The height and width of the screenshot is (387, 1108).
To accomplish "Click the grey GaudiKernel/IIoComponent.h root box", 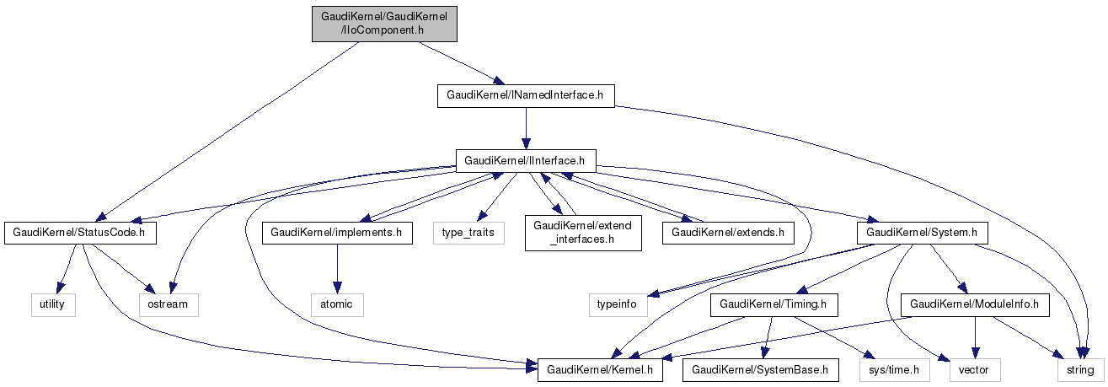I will (x=383, y=23).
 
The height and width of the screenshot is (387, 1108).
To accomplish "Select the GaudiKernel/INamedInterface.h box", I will (x=526, y=95).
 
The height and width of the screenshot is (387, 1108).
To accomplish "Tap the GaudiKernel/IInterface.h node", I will (x=526, y=159).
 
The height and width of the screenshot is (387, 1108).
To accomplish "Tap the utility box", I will (x=53, y=304).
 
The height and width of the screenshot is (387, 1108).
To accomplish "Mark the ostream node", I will (x=169, y=304).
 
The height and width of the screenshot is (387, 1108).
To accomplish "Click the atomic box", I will (x=337, y=304).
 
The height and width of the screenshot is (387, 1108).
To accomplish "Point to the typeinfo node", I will (x=618, y=304).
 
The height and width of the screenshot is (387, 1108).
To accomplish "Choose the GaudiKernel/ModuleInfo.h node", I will (x=975, y=304).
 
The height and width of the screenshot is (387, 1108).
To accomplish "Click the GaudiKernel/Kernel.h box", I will (x=601, y=368).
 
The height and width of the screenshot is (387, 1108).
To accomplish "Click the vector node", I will (x=975, y=368).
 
